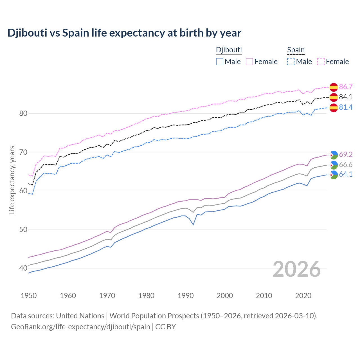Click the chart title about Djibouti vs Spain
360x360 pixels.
point(124,33)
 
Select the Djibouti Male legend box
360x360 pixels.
point(220,62)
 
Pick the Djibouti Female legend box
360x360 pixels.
point(249,62)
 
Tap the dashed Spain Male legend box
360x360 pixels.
point(291,62)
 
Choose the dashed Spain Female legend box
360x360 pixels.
point(321,62)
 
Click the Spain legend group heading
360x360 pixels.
point(296,50)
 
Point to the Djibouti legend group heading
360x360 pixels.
point(229,50)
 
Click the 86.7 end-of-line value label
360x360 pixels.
point(346,87)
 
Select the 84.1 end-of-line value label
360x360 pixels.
point(346,97)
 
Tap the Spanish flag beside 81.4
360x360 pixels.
point(334,108)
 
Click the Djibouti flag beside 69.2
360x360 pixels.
point(334,155)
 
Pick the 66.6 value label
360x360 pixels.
point(346,165)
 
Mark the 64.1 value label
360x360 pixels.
point(346,174)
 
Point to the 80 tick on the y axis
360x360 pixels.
point(23,114)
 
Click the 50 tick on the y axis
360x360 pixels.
point(23,229)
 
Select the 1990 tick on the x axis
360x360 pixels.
point(186,296)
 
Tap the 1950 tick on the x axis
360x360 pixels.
point(29,296)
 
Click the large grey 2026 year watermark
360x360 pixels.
point(296,269)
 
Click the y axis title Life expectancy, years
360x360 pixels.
point(12,180)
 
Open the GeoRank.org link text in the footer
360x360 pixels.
point(80,327)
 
